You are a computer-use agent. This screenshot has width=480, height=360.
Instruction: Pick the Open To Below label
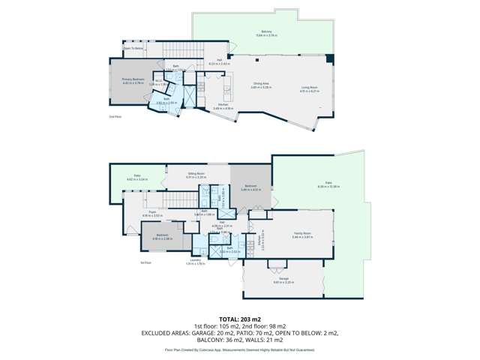(x=133, y=48)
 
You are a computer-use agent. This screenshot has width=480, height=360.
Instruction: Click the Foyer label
(x=151, y=212)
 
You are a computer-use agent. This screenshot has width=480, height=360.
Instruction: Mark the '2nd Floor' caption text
(x=115, y=117)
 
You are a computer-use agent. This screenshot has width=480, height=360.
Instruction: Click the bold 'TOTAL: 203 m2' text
(x=239, y=319)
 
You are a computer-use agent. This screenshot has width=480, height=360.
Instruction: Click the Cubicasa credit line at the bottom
(x=239, y=350)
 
